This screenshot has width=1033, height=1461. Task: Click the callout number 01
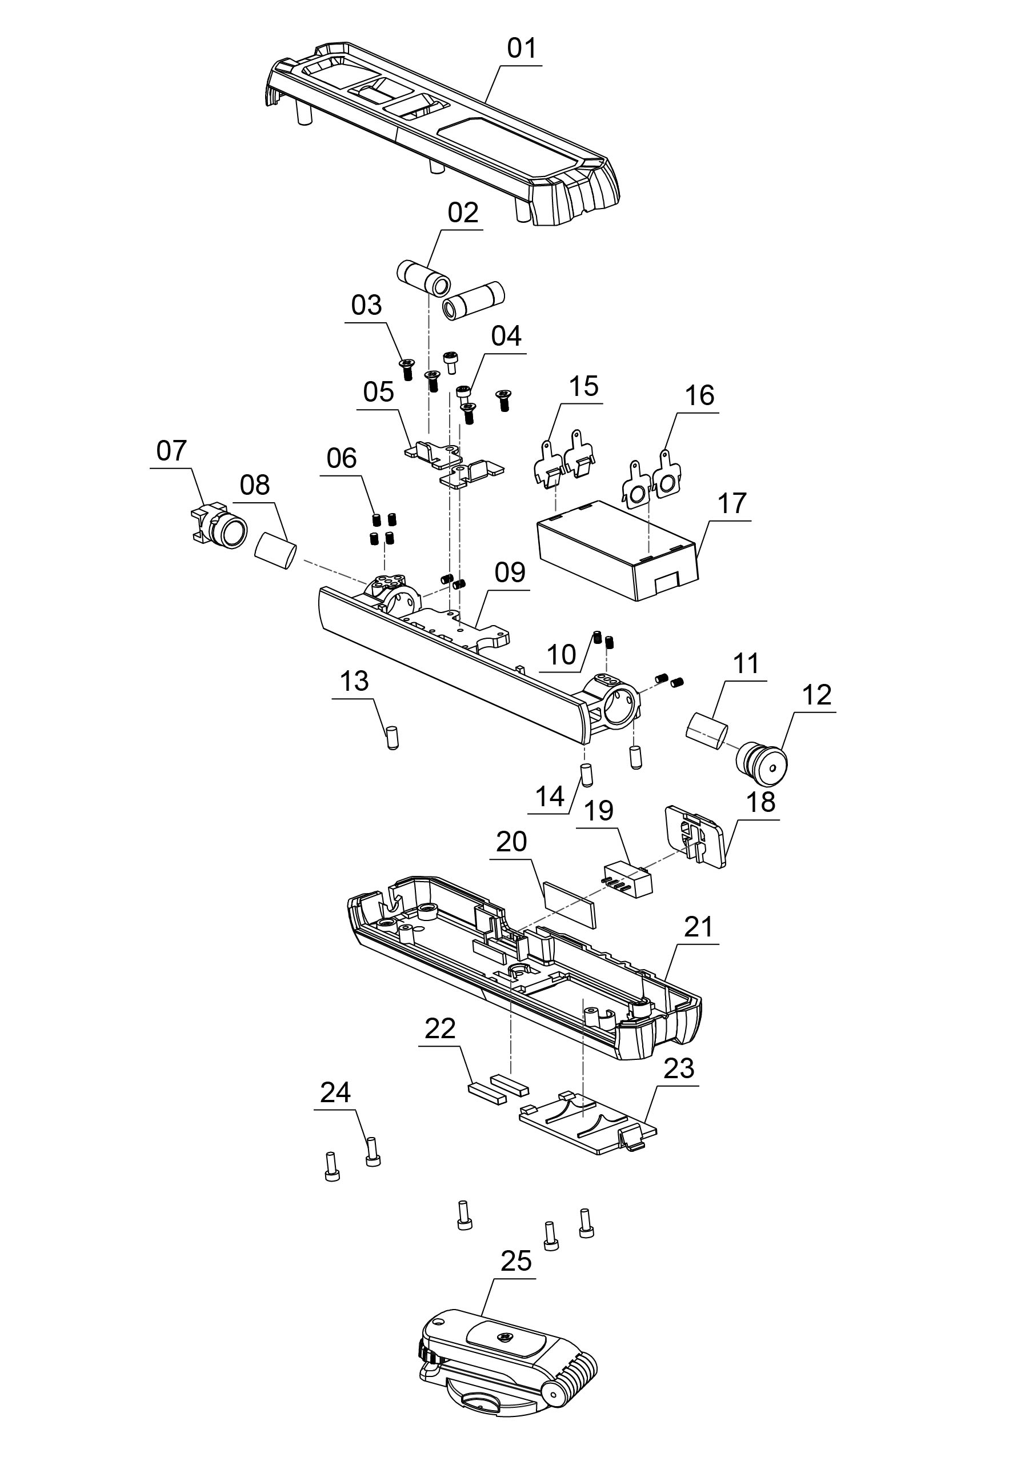(x=522, y=49)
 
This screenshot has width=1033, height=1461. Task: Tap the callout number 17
(x=731, y=504)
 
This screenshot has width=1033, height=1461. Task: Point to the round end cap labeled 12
(x=763, y=763)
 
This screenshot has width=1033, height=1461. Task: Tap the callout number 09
(x=510, y=573)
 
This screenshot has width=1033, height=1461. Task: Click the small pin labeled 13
(x=392, y=738)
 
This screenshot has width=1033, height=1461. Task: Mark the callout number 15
(x=584, y=386)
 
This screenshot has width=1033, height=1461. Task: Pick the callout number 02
(x=463, y=213)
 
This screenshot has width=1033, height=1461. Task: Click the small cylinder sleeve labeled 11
(x=707, y=729)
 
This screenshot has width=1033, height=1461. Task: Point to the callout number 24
(x=335, y=1092)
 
